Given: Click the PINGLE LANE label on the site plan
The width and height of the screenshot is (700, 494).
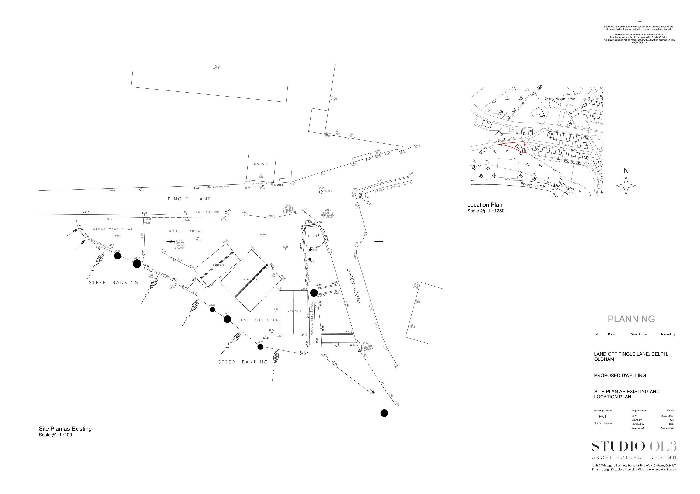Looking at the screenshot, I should [x=189, y=199].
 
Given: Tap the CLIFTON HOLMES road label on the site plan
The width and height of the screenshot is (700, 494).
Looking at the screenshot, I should [x=354, y=286].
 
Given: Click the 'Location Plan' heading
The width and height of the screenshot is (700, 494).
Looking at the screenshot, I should [x=484, y=205].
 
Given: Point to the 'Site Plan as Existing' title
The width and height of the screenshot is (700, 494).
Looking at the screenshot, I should [x=65, y=429].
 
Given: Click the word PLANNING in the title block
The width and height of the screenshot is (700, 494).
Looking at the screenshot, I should [x=631, y=319].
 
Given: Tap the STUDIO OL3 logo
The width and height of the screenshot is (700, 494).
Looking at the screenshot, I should [x=634, y=446].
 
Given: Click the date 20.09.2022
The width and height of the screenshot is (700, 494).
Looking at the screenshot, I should [x=667, y=416].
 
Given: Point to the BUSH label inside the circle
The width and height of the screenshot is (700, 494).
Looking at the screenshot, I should [x=312, y=236].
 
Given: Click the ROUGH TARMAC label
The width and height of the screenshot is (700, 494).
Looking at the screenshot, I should [x=186, y=231].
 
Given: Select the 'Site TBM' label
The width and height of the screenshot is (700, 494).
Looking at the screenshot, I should [x=328, y=191].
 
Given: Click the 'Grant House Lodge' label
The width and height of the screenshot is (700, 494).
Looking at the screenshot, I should [x=560, y=99].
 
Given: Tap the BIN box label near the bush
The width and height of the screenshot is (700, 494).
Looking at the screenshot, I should [x=310, y=222].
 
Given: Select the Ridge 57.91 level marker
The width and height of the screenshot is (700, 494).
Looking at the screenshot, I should [x=217, y=67].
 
